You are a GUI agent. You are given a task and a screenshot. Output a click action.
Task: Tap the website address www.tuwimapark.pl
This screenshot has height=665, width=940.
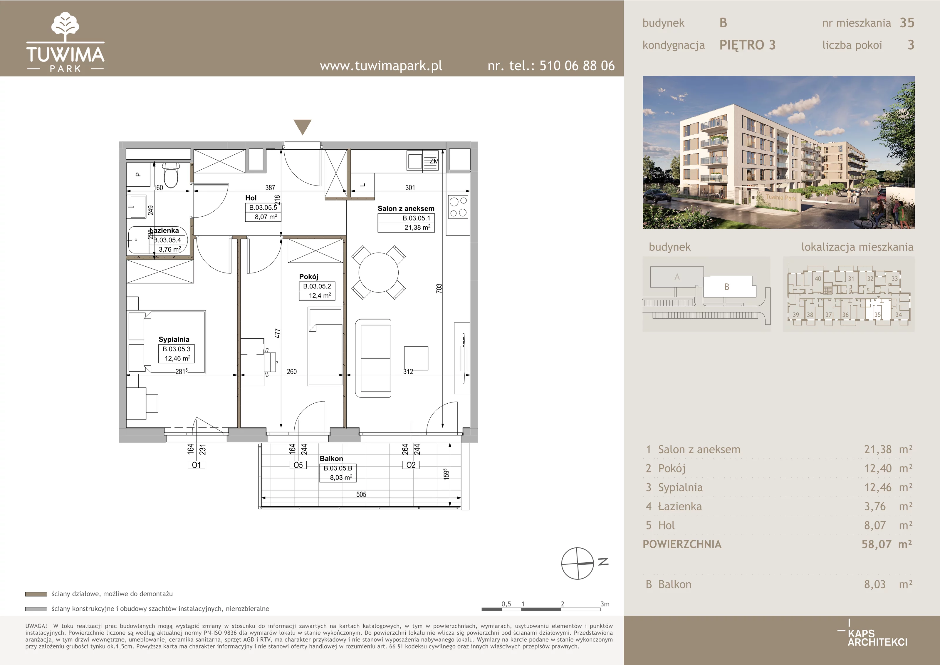click(x=381, y=66)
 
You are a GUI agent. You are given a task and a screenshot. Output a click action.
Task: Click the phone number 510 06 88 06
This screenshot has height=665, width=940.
click(x=577, y=66)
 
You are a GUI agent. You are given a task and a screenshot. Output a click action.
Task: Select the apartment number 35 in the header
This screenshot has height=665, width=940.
click(x=907, y=23)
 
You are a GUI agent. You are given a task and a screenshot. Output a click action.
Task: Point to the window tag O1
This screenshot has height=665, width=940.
click(x=197, y=465)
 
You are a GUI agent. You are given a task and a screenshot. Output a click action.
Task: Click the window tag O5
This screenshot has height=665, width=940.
click(x=298, y=465)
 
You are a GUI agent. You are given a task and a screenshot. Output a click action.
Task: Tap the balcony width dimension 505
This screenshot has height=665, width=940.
click(x=361, y=494)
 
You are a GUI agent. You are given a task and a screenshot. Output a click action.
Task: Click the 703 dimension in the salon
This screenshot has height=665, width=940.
click(x=439, y=288)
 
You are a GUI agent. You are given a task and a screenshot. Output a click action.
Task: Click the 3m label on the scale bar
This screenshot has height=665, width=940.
click(x=605, y=604)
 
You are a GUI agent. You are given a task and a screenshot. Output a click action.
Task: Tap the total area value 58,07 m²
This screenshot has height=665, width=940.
click(x=887, y=544)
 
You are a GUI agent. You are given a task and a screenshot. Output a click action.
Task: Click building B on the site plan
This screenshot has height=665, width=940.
click(x=728, y=286)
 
